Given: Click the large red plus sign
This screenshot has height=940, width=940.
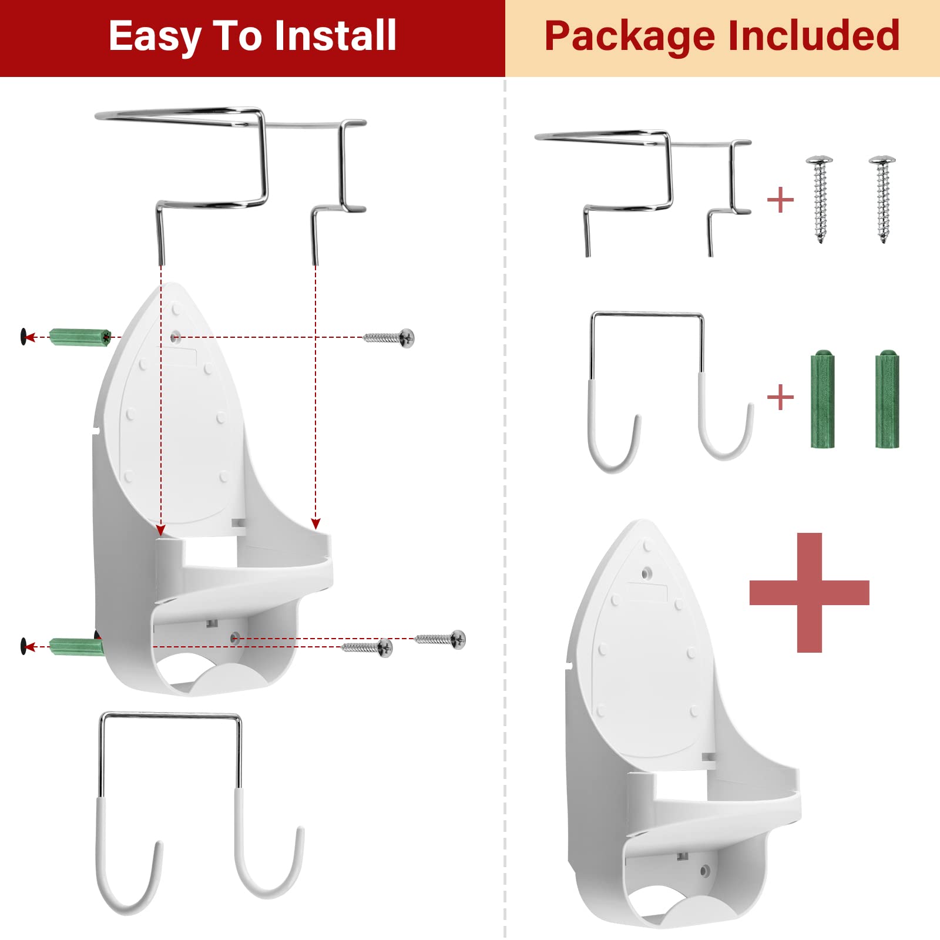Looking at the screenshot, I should click(x=809, y=592).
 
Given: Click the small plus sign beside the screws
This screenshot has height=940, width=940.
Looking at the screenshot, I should click(x=780, y=200).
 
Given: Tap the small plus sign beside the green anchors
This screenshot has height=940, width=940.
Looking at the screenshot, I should click(x=780, y=398).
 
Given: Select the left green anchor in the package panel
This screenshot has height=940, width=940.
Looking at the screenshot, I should click(x=822, y=399).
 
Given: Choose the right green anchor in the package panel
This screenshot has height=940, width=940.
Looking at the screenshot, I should click(x=887, y=399).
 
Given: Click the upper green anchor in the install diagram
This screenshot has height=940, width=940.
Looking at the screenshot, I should click(x=80, y=337).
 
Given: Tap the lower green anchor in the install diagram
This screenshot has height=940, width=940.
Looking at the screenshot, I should click(x=76, y=647).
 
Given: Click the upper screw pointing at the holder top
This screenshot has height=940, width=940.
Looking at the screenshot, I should click(x=390, y=338).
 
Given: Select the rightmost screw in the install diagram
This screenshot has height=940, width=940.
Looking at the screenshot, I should click(x=441, y=639).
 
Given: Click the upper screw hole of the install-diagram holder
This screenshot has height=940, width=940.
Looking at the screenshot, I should click(x=174, y=337).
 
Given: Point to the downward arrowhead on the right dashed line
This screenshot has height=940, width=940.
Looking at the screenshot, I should click(x=315, y=523).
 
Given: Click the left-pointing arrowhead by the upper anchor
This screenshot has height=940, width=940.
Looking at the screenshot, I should click(x=30, y=337).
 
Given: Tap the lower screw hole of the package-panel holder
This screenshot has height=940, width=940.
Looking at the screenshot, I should click(x=705, y=871).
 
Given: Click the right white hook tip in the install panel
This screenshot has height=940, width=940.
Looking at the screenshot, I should click(x=300, y=830).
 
